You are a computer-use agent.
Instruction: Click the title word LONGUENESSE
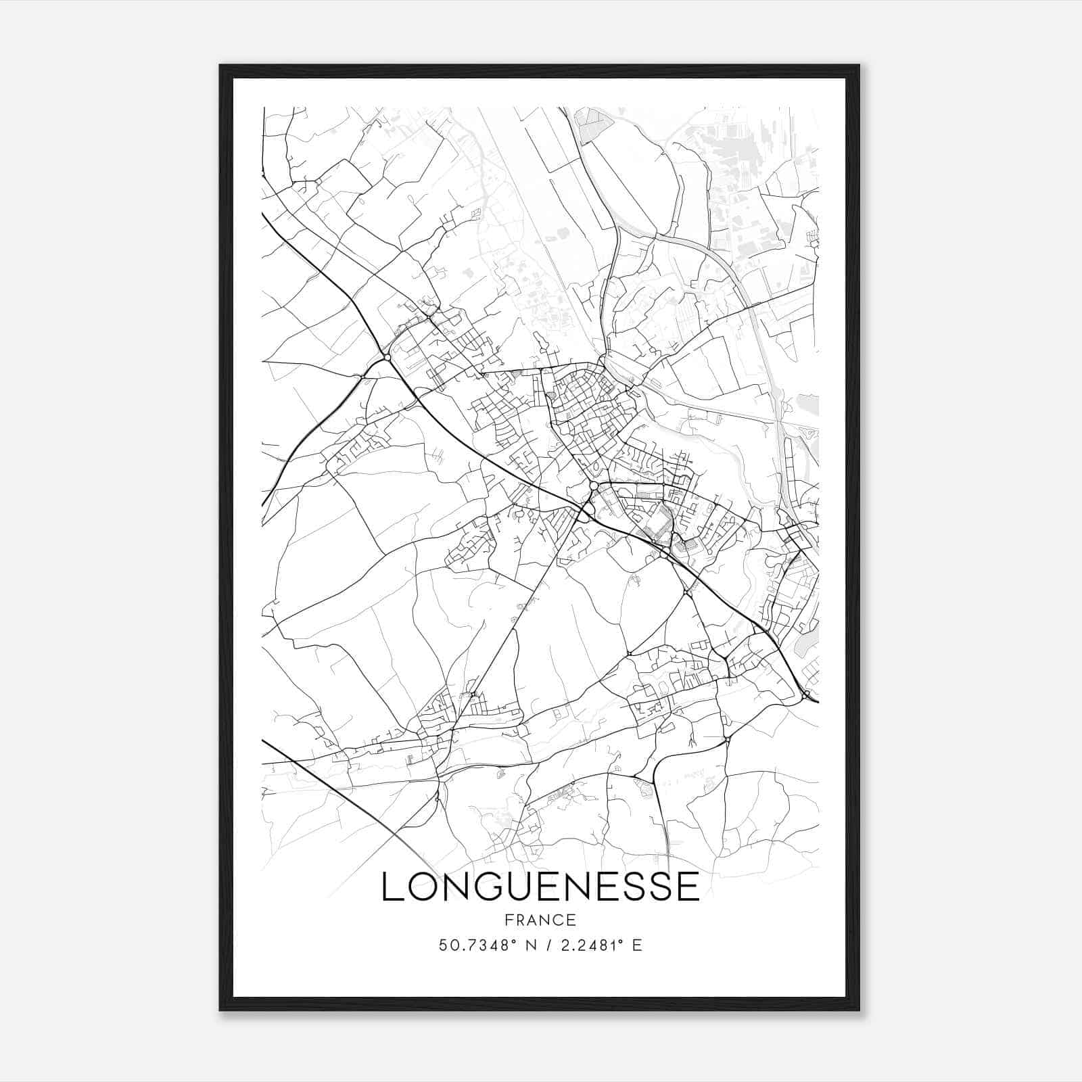(x=540, y=887)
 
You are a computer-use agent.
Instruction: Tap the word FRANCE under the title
(x=540, y=920)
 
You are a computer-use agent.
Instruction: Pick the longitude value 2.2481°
(x=582, y=945)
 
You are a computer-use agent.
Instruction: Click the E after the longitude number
(x=636, y=945)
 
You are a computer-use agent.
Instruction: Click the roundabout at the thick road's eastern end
(x=807, y=695)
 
